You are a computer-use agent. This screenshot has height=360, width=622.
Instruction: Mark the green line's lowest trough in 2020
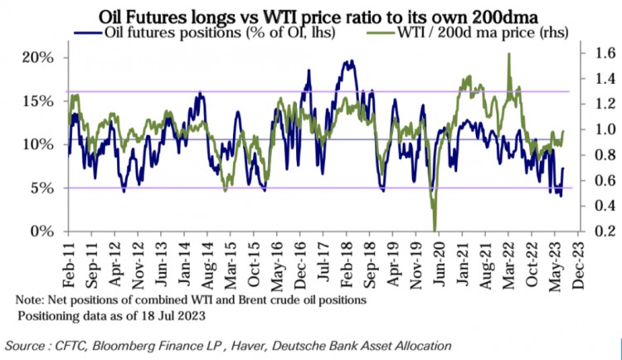tap(435, 230)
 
